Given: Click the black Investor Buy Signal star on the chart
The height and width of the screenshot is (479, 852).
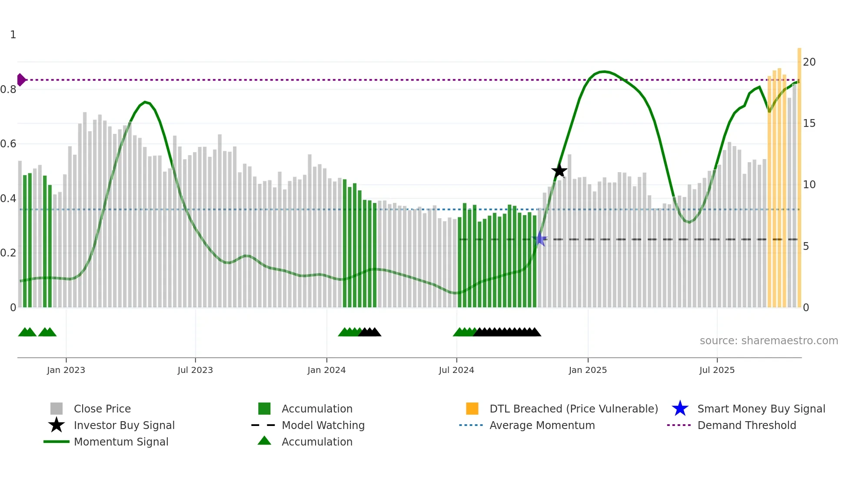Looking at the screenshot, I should pos(559,171).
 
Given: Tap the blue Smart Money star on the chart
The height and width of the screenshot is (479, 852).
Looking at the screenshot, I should pos(540,239).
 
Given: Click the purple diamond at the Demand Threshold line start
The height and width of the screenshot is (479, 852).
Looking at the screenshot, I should pos(21,80).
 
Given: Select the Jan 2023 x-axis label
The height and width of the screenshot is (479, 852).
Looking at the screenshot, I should pos(66,370).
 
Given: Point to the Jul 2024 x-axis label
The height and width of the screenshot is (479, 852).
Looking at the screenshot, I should pos(456,370).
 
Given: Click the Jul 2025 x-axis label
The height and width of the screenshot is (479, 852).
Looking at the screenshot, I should pos(717,370).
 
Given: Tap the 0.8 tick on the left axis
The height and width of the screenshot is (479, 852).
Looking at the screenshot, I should pos(9,90).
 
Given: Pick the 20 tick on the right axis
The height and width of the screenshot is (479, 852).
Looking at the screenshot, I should pos(809,62).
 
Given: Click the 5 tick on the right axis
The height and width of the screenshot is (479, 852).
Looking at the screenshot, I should pos(806,246).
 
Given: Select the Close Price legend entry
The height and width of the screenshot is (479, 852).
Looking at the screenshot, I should pos(102,409).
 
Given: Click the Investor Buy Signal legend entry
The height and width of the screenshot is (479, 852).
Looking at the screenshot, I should pos(124,426).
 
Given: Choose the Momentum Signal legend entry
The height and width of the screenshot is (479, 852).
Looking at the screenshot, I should pos(121,442).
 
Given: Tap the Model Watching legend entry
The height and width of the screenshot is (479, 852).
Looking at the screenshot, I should pos(323,426).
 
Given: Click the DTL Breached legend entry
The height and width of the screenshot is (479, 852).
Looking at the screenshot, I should pos(573,409).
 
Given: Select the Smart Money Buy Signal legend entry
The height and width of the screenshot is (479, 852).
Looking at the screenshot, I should pos(761,409).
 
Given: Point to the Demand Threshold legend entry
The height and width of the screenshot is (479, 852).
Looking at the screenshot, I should pos(746,426).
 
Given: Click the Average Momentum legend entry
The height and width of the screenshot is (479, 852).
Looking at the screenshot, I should pos(542,426).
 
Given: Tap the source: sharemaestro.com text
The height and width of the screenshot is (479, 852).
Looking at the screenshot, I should pos(769,341).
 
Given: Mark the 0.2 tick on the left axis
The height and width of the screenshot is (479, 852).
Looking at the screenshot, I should pos(9,253).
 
